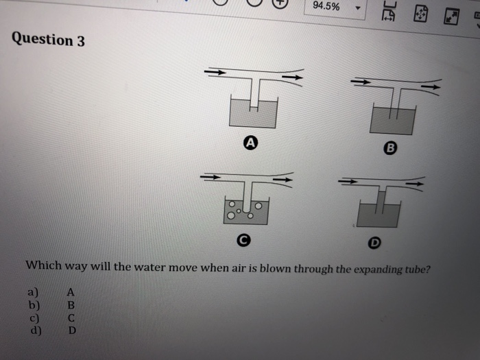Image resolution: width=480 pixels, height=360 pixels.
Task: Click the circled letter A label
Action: (251, 143)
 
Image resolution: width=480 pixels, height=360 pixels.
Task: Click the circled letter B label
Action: (391, 147)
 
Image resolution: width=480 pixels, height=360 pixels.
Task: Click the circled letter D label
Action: (374, 243)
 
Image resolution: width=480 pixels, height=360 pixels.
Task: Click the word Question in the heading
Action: (41, 38)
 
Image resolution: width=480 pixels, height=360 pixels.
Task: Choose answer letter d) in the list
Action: (34, 330)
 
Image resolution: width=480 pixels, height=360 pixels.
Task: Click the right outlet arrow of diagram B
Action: (430, 87)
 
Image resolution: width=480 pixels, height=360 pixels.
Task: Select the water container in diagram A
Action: (253, 113)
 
